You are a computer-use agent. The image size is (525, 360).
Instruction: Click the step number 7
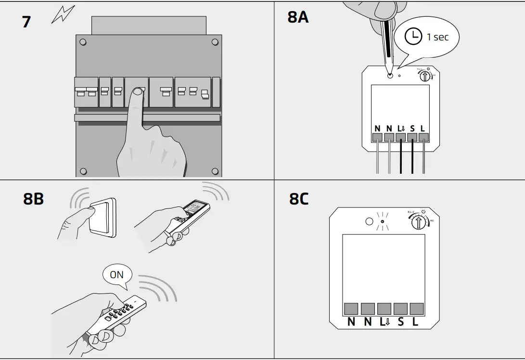[x=26, y=22]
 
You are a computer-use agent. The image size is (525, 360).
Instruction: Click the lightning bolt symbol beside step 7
[x=63, y=15]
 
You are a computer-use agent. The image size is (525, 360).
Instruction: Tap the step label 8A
[x=298, y=18]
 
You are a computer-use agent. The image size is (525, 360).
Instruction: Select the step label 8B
[x=33, y=199]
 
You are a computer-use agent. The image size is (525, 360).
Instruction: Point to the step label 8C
[x=299, y=199]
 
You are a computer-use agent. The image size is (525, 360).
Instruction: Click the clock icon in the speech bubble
[x=412, y=37]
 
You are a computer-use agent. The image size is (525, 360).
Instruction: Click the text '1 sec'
[x=437, y=37]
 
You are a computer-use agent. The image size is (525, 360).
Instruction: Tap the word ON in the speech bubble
[x=116, y=275]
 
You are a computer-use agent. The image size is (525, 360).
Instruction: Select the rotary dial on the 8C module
[x=419, y=222]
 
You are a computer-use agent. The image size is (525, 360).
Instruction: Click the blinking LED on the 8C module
[x=382, y=222]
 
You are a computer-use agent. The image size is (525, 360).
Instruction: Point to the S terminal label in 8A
[x=412, y=129]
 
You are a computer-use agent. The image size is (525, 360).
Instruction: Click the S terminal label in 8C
[x=401, y=322]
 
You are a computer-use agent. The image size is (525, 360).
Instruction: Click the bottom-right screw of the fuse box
[x=214, y=171]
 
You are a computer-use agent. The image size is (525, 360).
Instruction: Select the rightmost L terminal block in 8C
[x=416, y=309]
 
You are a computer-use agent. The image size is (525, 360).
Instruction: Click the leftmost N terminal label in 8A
[x=377, y=129]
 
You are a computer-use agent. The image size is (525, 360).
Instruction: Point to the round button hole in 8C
[x=369, y=222]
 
